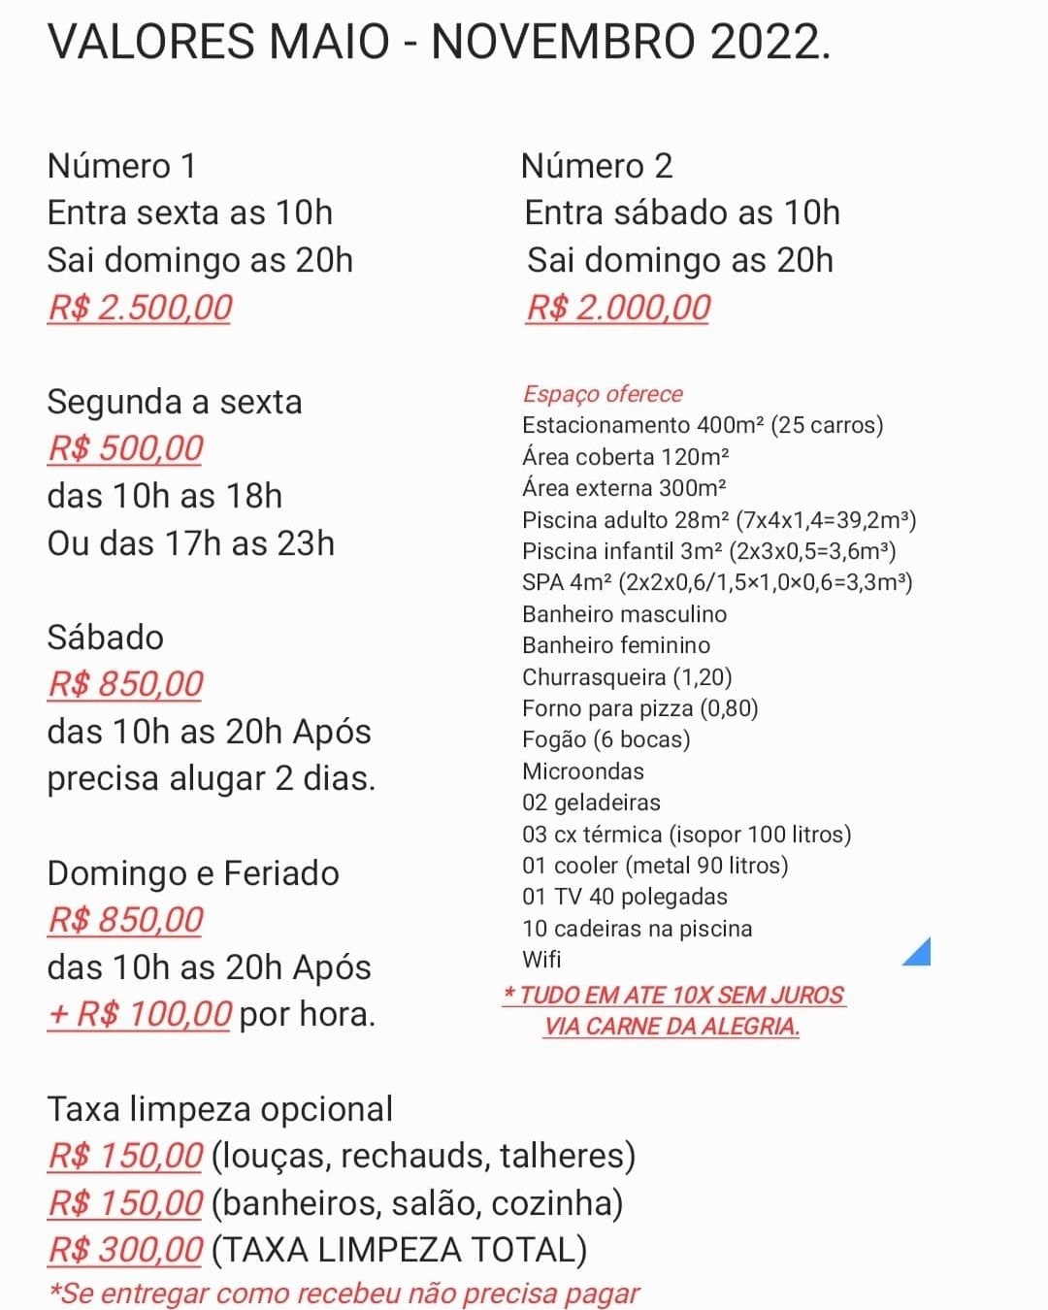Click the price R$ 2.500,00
(140, 308)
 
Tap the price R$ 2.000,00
(618, 308)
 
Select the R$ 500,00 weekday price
(125, 448)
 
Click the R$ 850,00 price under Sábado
(125, 684)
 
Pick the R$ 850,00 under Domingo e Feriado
(125, 920)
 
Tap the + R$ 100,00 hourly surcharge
(140, 1014)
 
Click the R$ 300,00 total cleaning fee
(125, 1250)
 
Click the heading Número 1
(121, 166)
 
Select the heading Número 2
(596, 166)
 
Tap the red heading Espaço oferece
(603, 394)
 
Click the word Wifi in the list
(541, 960)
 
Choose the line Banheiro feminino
(615, 645)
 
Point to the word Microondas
(582, 771)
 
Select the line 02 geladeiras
(590, 802)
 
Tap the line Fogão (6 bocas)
(606, 739)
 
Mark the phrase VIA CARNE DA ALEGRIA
(671, 1026)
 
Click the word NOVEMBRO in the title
(563, 42)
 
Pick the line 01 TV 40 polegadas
(624, 897)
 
